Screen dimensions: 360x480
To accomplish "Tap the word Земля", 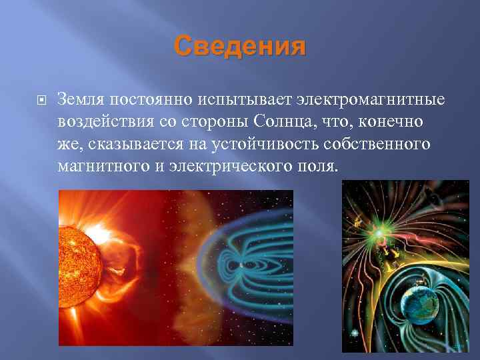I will pyautogui.click(x=79, y=99).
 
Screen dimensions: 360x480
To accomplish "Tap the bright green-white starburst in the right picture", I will pyautogui.click(x=378, y=234).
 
